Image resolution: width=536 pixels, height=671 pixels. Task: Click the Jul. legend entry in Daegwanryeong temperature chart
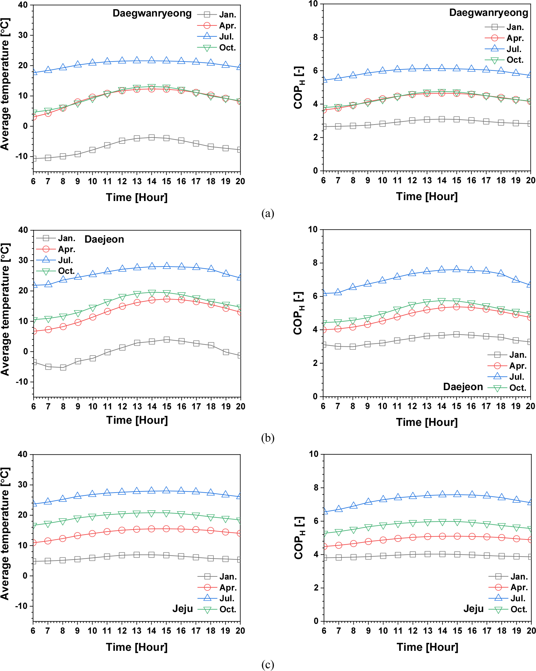[226, 36]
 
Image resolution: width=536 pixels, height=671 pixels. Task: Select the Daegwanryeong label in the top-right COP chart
[488, 13]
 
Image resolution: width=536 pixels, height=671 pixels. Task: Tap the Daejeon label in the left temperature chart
[104, 239]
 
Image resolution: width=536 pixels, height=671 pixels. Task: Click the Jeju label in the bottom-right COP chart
[474, 609]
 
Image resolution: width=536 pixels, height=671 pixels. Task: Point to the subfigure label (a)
[268, 214]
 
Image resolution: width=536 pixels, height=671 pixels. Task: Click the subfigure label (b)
[268, 438]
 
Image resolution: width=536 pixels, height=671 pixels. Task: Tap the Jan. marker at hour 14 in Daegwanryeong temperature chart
[151, 137]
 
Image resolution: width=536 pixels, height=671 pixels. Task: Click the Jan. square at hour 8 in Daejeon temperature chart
[63, 367]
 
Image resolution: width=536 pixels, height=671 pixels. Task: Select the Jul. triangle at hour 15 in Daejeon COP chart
[457, 269]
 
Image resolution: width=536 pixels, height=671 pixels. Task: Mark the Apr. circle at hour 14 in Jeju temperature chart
[151, 529]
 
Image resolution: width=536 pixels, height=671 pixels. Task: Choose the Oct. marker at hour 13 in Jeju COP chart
[427, 522]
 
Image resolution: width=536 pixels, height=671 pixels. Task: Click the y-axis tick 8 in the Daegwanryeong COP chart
[316, 37]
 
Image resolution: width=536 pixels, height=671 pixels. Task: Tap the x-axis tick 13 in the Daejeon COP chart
[427, 406]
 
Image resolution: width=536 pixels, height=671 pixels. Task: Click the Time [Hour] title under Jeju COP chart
[427, 647]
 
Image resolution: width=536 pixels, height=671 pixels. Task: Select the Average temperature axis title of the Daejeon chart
[6, 309]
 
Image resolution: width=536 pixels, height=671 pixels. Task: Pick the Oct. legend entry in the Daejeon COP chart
[517, 388]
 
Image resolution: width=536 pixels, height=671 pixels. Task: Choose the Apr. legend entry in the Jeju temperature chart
[228, 587]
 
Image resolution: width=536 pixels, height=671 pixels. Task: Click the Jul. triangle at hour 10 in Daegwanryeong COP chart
[382, 70]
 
